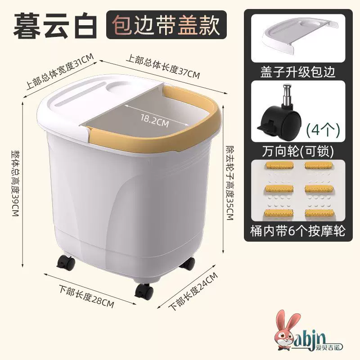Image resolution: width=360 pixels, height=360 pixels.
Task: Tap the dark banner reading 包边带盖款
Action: point(166,25)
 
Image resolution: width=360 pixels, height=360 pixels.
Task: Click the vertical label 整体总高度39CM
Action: point(16,183)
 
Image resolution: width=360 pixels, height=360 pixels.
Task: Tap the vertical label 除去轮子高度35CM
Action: point(230,183)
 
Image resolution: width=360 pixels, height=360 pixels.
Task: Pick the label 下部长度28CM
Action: point(86,296)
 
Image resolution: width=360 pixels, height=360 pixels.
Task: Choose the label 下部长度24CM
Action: point(193,291)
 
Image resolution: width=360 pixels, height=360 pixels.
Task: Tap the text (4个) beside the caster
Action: point(323,130)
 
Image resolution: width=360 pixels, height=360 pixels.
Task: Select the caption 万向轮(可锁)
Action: point(298,151)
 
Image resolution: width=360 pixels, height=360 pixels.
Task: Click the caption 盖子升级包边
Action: point(298,72)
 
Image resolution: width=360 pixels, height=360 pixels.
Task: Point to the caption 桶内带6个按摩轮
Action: point(298,231)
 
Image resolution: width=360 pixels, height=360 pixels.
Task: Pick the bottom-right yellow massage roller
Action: point(319,212)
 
